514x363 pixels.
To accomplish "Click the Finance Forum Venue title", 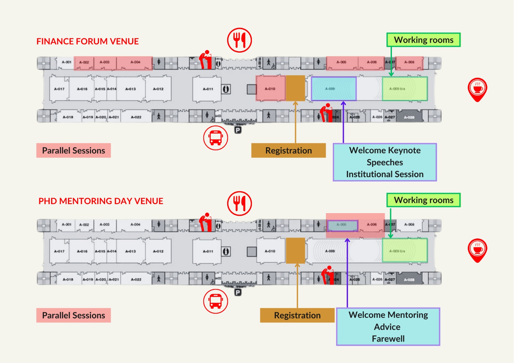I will (x=87, y=41).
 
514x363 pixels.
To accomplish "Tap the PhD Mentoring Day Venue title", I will (x=101, y=201).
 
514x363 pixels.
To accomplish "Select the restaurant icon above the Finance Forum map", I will (x=239, y=40).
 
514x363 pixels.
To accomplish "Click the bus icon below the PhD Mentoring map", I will (x=216, y=301).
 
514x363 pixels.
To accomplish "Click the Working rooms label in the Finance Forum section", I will (x=423, y=40).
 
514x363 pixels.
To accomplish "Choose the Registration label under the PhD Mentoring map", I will (x=297, y=315).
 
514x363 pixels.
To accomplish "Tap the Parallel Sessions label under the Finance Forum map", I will (x=74, y=151).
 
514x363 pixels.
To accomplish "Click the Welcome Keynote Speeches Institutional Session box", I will (x=385, y=162).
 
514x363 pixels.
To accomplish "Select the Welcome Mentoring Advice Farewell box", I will (x=388, y=327).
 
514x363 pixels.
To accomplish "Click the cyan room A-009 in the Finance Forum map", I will (x=334, y=89).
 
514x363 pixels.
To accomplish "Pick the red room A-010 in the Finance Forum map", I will (x=270, y=89).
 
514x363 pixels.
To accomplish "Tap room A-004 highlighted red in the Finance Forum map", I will (x=135, y=63).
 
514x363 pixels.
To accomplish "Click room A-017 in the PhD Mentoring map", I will (x=59, y=251).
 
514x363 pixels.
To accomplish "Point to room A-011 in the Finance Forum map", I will (x=207, y=89).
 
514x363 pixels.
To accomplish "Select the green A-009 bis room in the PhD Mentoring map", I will (x=404, y=251).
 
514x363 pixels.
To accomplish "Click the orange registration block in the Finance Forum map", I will (x=295, y=88).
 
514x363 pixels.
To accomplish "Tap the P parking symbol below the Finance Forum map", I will (x=238, y=130).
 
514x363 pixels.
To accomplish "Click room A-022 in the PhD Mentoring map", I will (x=136, y=279).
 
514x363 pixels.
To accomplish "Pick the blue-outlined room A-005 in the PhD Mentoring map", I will (x=342, y=225).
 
